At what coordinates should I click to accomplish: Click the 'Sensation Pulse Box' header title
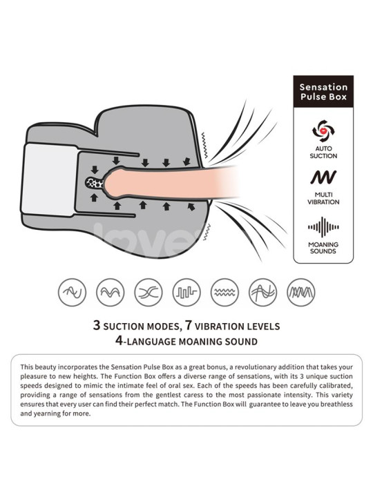(x=323, y=92)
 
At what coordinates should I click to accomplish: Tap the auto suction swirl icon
(x=323, y=130)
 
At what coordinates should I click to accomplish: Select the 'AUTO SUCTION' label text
(x=323, y=152)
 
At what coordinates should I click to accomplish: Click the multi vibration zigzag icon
(x=323, y=177)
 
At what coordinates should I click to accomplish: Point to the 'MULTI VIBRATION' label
(x=323, y=198)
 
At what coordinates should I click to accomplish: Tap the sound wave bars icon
(x=323, y=227)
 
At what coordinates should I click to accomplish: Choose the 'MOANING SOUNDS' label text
(x=323, y=248)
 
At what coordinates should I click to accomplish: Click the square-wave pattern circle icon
(x=186, y=292)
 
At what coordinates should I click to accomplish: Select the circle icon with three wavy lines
(x=224, y=292)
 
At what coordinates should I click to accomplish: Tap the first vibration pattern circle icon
(x=73, y=292)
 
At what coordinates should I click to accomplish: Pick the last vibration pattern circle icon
(x=301, y=292)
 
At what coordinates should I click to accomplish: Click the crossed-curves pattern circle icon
(x=149, y=292)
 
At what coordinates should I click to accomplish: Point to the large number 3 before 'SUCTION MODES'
(x=97, y=325)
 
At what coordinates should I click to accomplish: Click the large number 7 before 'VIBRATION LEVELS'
(x=189, y=325)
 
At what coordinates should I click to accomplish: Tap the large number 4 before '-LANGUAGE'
(x=119, y=341)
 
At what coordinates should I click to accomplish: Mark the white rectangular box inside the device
(x=49, y=180)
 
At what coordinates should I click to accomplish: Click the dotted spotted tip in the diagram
(x=95, y=182)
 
